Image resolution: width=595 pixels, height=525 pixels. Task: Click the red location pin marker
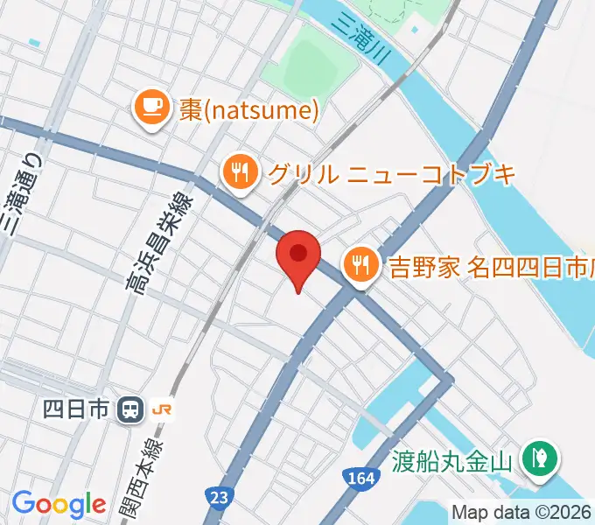(298, 255)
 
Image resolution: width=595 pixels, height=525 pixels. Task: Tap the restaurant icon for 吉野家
(360, 261)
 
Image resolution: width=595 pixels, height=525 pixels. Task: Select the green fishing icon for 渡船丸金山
(535, 457)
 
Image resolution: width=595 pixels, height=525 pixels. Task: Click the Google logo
(59, 504)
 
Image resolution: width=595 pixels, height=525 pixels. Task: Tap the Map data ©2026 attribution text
(521, 512)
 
